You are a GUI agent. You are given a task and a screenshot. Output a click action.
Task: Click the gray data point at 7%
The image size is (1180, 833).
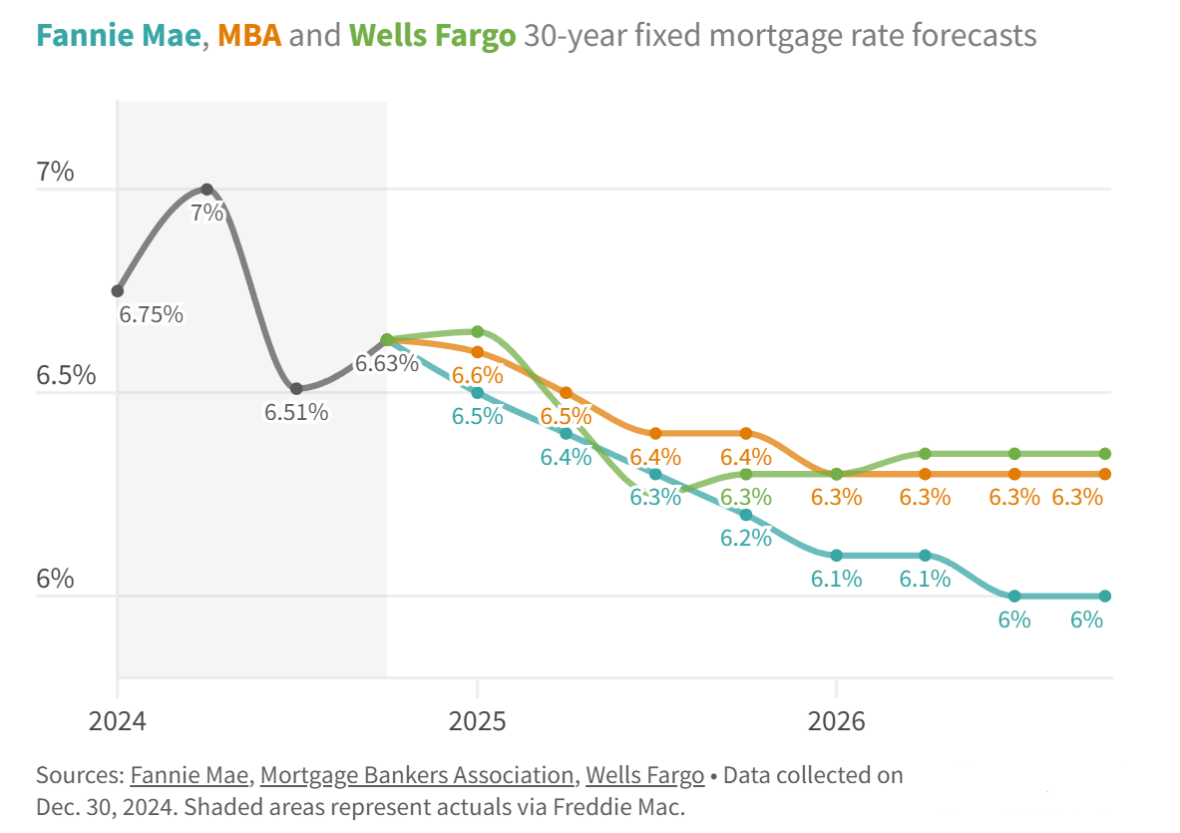206,189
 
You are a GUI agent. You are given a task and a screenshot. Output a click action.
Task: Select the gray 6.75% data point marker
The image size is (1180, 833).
118,291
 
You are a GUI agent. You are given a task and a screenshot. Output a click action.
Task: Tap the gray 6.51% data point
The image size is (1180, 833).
296,389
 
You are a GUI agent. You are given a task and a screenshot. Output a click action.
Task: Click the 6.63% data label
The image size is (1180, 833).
387,363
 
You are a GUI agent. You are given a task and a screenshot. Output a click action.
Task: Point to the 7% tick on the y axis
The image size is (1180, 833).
55,173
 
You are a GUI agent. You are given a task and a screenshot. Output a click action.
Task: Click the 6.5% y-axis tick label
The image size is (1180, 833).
66,376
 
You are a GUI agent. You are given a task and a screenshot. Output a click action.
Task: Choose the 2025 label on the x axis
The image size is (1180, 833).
478,720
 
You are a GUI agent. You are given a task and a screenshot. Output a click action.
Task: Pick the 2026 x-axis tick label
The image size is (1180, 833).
837,720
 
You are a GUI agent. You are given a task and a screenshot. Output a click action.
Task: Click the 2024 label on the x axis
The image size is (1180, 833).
118,720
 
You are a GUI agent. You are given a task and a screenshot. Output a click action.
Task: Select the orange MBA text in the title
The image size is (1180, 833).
248,37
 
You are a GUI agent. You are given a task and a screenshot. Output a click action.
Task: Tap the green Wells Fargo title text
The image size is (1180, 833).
433,37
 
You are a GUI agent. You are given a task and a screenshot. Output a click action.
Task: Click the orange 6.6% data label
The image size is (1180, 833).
477,376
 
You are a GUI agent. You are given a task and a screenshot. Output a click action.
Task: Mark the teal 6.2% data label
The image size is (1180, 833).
746,538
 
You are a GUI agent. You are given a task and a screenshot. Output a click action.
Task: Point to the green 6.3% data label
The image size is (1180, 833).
746,496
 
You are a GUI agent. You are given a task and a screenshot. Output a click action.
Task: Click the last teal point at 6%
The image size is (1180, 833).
1105,597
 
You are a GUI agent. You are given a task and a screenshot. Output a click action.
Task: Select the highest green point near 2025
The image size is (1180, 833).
478,331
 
